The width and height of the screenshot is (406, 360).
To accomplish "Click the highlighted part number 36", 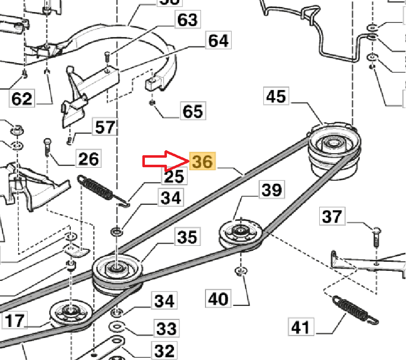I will coord(202,161).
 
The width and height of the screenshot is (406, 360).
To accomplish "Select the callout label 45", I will coord(277,96).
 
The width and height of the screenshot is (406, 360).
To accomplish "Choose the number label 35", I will coord(187,237).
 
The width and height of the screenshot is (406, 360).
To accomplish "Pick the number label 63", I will coord(186,20).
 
